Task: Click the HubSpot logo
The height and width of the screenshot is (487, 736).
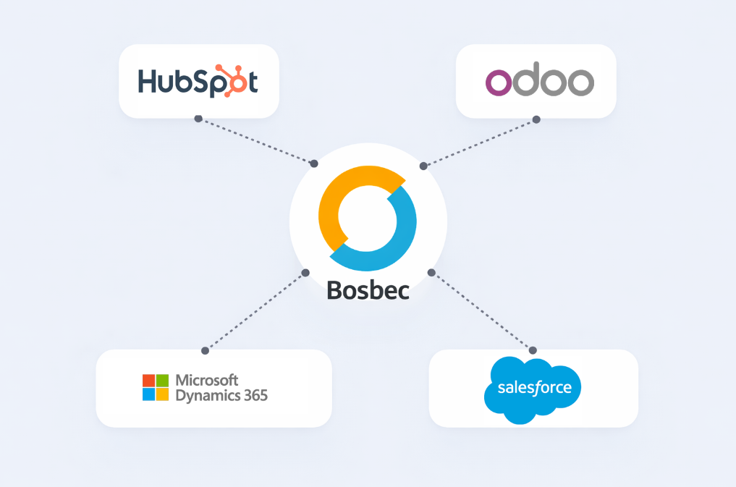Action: [198, 82]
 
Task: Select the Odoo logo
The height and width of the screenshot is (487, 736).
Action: [539, 82]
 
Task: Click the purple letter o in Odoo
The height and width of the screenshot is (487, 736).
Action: [499, 83]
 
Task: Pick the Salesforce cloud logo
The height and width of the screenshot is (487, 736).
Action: [533, 387]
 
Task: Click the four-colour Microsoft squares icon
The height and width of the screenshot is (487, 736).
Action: [155, 387]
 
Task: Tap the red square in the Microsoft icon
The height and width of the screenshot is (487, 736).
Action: [148, 381]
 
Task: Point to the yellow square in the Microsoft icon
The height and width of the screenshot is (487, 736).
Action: [162, 394]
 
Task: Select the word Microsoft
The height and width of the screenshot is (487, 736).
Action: [207, 381]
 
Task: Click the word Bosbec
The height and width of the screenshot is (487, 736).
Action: [368, 289]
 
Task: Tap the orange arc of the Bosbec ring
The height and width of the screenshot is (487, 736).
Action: [340, 195]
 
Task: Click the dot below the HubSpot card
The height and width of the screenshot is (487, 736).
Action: [198, 117]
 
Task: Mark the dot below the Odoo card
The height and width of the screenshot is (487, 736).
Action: [536, 119]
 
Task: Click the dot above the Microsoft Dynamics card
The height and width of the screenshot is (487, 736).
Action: [205, 350]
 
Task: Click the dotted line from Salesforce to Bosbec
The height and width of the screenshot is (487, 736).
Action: [483, 311]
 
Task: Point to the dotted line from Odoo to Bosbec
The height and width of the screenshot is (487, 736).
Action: [480, 143]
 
